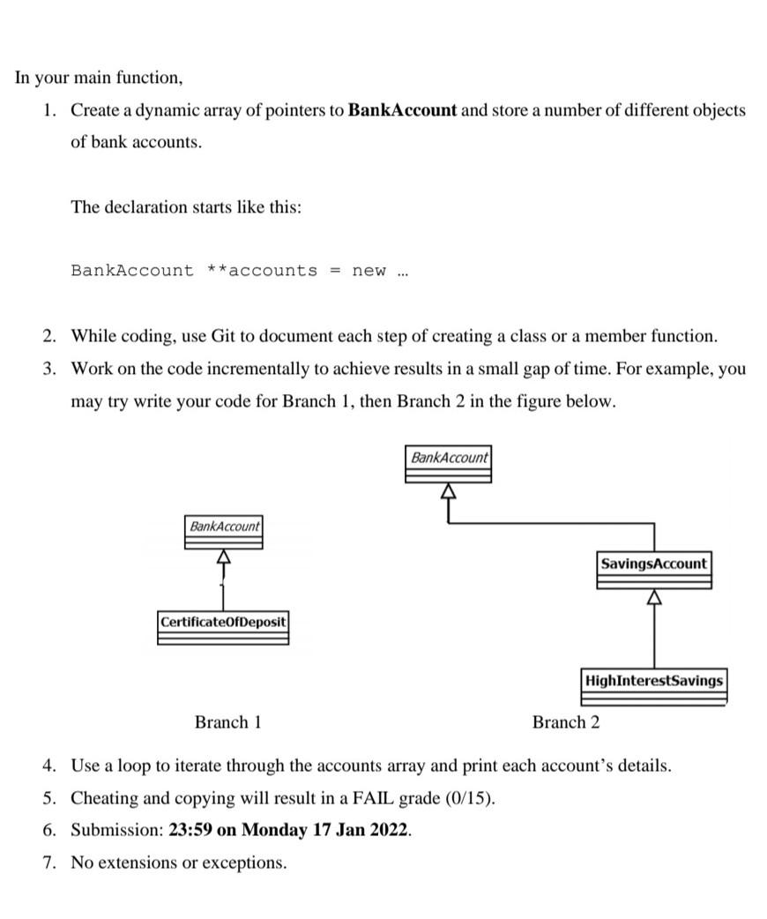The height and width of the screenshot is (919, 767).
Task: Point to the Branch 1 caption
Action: tap(227, 722)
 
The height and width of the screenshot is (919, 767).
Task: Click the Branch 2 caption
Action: tap(565, 722)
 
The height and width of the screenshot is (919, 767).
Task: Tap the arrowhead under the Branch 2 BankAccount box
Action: tap(449, 490)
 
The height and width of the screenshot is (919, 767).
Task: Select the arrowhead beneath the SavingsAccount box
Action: tap(653, 598)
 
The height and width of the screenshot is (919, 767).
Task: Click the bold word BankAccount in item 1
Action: tap(403, 111)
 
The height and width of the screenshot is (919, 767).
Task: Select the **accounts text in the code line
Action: tap(262, 271)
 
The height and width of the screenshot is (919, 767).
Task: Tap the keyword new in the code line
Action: tap(369, 271)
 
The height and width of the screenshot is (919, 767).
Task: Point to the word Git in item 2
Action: tap(224, 336)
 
